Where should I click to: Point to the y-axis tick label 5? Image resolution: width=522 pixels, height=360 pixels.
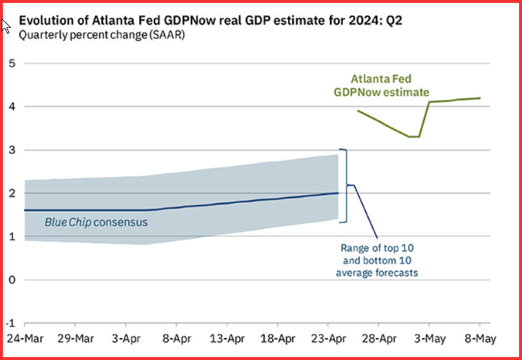pos(11,63)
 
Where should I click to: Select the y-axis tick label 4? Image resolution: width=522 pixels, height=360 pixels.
pos(11,107)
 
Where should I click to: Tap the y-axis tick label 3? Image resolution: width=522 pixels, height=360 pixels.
pos(11,150)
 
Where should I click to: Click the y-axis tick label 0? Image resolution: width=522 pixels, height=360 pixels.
pos(11,280)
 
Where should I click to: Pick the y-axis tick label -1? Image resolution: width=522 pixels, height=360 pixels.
pos(9,323)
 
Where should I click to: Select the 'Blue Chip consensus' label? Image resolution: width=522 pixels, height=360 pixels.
pos(96,222)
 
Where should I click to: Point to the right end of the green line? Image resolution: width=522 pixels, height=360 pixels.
pos(479,98)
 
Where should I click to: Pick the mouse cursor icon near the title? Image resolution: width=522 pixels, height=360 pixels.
pos(5,27)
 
